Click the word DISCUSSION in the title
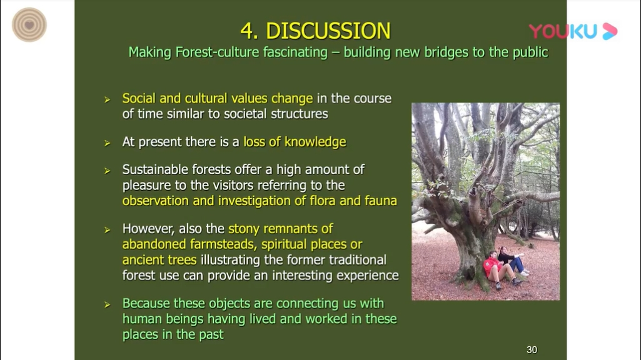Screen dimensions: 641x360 pyautogui.click(x=328, y=31)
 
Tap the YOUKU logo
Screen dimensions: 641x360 pyautogui.click(x=573, y=31)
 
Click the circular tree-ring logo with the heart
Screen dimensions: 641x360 pyautogui.click(x=29, y=25)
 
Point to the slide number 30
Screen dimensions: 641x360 pyautogui.click(x=532, y=350)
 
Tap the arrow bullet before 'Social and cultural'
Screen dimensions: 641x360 pyautogui.click(x=107, y=100)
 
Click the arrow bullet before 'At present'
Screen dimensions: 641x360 pyautogui.click(x=107, y=143)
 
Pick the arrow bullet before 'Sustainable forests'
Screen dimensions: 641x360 pyautogui.click(x=107, y=171)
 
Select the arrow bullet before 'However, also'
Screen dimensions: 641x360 pyautogui.click(x=107, y=230)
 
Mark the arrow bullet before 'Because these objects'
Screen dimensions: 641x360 pyautogui.click(x=107, y=305)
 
